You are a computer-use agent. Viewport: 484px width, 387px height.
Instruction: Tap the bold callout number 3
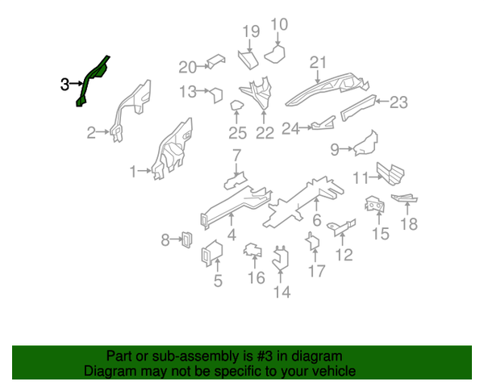point(65,84)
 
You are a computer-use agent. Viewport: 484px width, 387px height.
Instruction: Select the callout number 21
point(318,63)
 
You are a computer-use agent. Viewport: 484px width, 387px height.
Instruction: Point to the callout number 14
point(282,292)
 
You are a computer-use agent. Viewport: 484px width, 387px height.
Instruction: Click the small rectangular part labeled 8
point(187,239)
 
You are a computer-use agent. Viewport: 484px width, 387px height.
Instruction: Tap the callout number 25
point(238,133)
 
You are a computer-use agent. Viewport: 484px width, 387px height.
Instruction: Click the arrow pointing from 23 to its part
point(382,101)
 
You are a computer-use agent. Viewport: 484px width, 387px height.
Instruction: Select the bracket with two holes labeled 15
point(375,204)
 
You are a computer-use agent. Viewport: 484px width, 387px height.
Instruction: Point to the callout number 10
point(279,24)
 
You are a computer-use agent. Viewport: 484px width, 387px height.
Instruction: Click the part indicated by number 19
point(248,59)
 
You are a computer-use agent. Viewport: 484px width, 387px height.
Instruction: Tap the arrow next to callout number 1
point(144,170)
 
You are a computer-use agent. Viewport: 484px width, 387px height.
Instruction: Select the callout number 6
point(317,220)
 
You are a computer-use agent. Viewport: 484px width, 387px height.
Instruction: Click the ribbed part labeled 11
point(390,174)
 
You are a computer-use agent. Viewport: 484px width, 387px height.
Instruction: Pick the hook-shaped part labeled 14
point(281,259)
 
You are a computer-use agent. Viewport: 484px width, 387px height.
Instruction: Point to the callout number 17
point(317,271)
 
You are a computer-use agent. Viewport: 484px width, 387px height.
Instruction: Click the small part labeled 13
point(216,95)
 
